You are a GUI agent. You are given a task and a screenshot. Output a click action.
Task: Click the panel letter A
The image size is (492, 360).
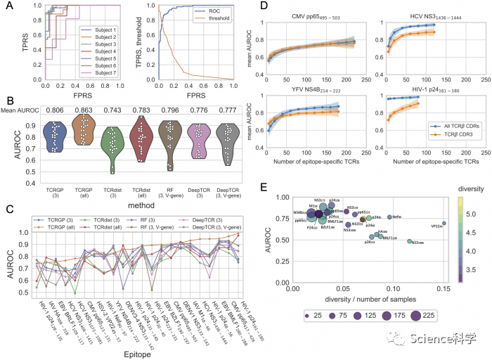click(9, 8)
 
